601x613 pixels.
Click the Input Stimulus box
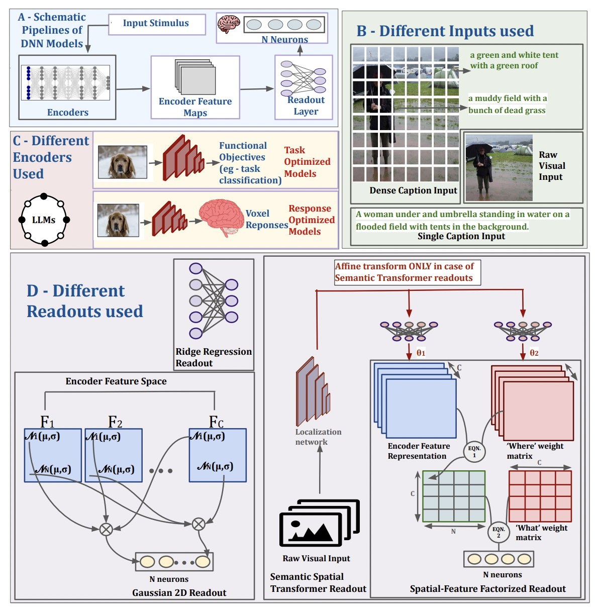pos(156,24)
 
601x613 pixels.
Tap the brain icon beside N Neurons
pos(229,24)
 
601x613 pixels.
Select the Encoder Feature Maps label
pos(195,107)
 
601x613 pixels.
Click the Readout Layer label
pos(306,106)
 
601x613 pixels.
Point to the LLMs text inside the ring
pos(44,220)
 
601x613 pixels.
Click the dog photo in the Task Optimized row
pos(122,162)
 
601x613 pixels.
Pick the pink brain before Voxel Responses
pos(222,217)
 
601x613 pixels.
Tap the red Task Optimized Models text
pos(307,162)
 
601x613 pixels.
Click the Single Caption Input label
pos(461,236)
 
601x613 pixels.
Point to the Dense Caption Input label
pos(413,190)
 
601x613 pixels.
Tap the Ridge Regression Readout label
pos(213,357)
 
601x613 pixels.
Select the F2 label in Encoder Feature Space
pos(115,422)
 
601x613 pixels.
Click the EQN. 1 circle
pos(474,451)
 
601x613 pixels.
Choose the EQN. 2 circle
pos(498,532)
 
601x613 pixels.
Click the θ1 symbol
pos(421,353)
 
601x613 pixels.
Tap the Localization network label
pos(318,437)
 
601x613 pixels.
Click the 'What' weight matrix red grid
pos(540,496)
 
